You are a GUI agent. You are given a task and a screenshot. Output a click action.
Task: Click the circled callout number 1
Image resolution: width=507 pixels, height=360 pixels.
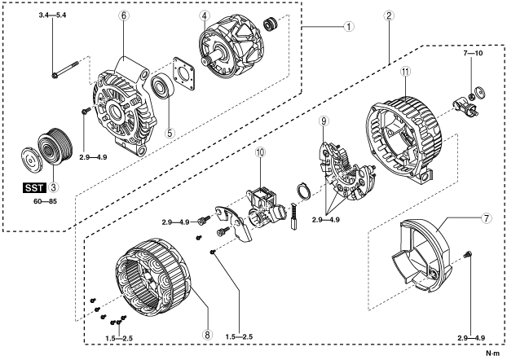point(348,25)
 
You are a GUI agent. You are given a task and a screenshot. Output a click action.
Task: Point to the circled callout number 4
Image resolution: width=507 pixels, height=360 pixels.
point(205,15)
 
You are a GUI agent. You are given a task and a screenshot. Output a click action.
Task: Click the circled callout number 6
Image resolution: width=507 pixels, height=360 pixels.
point(125,15)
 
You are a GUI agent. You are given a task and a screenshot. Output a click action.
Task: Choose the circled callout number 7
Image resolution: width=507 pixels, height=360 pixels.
point(464,220)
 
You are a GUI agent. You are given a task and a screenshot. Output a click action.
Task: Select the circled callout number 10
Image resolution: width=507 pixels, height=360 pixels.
point(260,152)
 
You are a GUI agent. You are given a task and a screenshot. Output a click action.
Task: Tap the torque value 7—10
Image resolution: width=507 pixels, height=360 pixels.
point(474,53)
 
